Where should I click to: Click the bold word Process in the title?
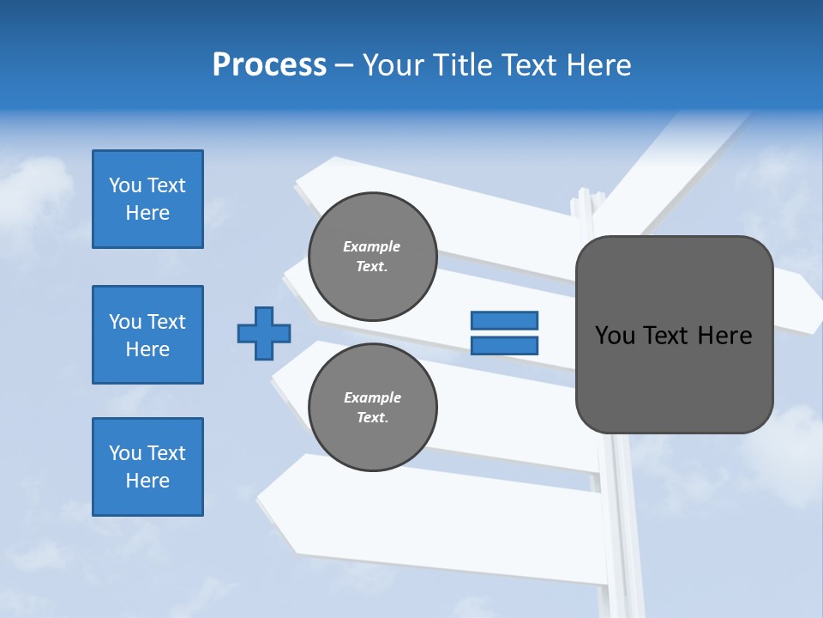(x=269, y=65)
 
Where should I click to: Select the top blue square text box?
(x=147, y=199)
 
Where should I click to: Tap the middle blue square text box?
(x=147, y=335)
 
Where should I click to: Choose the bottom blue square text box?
(x=147, y=467)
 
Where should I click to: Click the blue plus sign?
(x=264, y=333)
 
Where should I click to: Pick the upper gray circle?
(x=373, y=257)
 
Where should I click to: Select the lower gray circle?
(x=373, y=407)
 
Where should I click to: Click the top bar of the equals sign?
(x=504, y=321)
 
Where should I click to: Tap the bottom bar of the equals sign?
(x=504, y=346)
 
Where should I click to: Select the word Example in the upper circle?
(x=372, y=246)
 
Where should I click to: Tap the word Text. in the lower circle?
(x=372, y=417)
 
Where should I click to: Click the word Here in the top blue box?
(x=147, y=213)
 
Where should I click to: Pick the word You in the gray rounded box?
(x=616, y=336)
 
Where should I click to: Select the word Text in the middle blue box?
(x=165, y=322)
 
